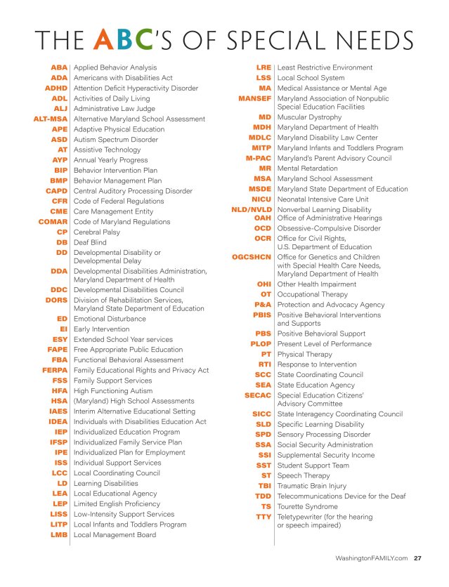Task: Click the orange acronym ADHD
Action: pyautogui.click(x=56, y=88)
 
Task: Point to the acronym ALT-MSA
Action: pyautogui.click(x=51, y=119)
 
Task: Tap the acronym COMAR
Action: pyautogui.click(x=53, y=221)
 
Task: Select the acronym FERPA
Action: pyautogui.click(x=55, y=369)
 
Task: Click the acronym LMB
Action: pyautogui.click(x=59, y=534)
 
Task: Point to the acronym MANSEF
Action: pyautogui.click(x=255, y=98)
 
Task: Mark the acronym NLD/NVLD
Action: pyautogui.click(x=252, y=209)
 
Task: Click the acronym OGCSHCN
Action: pyautogui.click(x=252, y=257)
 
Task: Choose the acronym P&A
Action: pyautogui.click(x=263, y=305)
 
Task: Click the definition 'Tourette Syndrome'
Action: pyautogui.click(x=308, y=506)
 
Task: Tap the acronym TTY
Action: pyautogui.click(x=263, y=517)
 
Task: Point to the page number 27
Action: pyautogui.click(x=417, y=559)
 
